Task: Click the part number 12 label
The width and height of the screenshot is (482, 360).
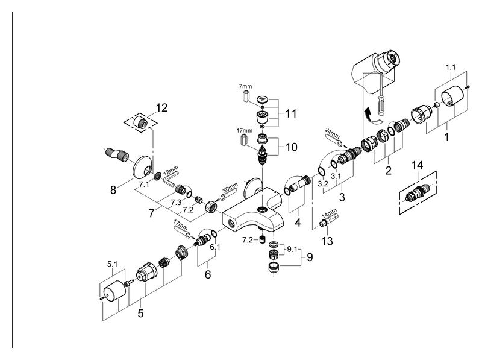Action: click(161, 108)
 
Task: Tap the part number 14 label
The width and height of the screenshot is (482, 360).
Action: click(417, 165)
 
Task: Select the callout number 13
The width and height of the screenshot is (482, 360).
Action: click(327, 241)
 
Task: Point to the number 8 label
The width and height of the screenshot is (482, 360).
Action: click(113, 190)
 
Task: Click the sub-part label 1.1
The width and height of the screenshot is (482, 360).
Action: click(451, 67)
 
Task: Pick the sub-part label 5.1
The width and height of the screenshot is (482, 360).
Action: click(112, 264)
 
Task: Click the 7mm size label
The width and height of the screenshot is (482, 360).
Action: click(245, 86)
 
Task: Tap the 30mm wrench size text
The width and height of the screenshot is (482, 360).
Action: click(230, 188)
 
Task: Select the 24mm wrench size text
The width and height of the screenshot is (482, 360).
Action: click(333, 133)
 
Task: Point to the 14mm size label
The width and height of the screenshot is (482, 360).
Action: click(329, 213)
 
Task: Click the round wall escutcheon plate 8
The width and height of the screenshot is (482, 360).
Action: click(142, 167)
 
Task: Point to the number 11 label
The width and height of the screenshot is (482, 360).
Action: click(291, 113)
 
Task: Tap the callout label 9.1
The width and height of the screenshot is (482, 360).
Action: click(292, 250)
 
